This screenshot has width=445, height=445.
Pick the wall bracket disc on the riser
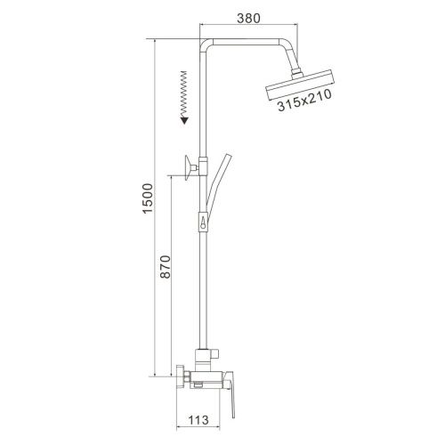coord(188,167)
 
